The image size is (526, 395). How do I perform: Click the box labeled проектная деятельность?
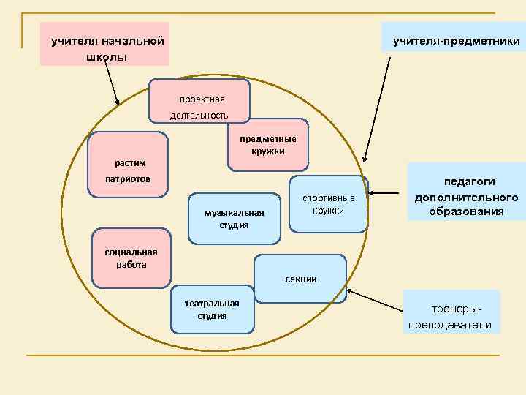tap(199, 100)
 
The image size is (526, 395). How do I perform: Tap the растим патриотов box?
tap(128, 165)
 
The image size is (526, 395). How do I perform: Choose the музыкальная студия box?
tap(234, 218)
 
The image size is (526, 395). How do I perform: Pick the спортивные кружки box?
tap(329, 204)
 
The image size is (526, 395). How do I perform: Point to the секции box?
tap(300, 278)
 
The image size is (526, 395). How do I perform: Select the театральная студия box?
tap(212, 309)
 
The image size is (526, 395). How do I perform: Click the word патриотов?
tap(128, 179)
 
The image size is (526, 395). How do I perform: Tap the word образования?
tap(466, 211)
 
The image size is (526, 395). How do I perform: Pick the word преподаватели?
tap(451, 325)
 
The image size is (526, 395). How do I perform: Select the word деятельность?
tap(199, 116)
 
